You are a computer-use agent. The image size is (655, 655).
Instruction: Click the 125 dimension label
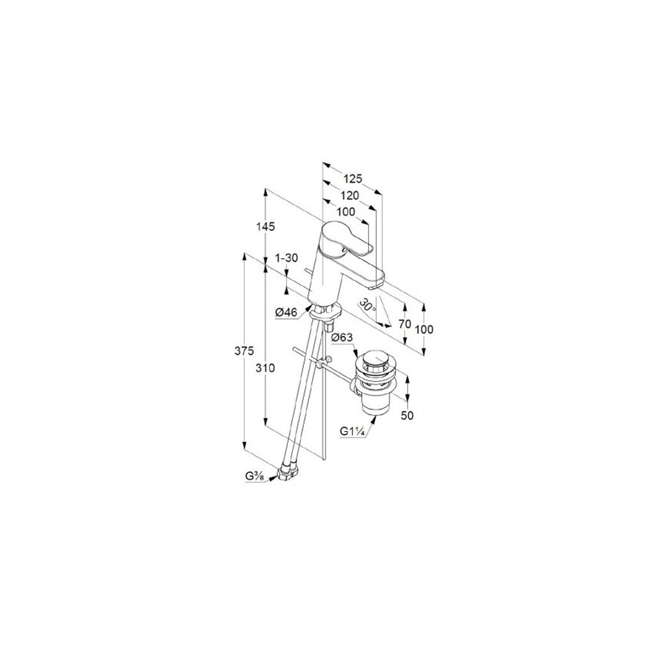click(x=352, y=179)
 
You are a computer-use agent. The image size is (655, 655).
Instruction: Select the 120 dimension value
click(x=349, y=196)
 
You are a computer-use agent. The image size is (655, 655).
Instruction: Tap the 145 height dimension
click(x=266, y=227)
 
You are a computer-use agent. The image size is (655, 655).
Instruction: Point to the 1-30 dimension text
click(x=286, y=258)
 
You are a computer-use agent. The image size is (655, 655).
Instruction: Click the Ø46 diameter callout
click(x=286, y=312)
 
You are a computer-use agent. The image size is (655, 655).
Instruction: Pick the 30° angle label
click(x=368, y=304)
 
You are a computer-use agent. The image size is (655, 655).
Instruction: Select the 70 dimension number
click(x=405, y=324)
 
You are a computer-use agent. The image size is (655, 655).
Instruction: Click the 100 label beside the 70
click(x=425, y=329)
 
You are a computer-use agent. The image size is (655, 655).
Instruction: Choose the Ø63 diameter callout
click(x=342, y=338)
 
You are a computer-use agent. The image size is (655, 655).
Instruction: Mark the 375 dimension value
click(x=245, y=351)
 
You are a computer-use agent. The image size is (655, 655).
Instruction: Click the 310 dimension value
click(x=266, y=368)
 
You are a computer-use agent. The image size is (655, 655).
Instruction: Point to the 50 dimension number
click(x=407, y=415)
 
